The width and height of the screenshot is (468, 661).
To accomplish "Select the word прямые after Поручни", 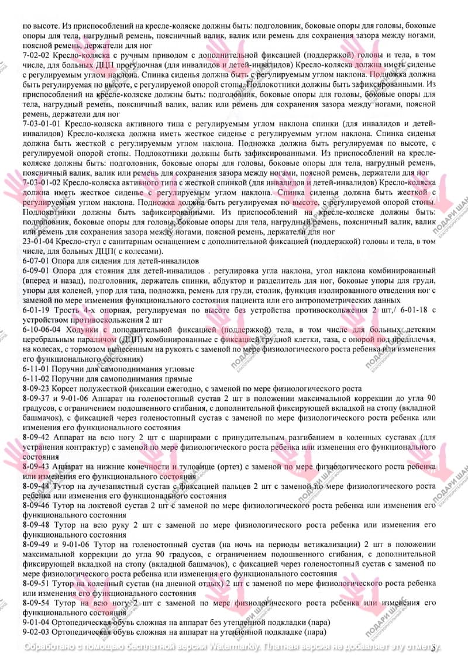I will (178, 379).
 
